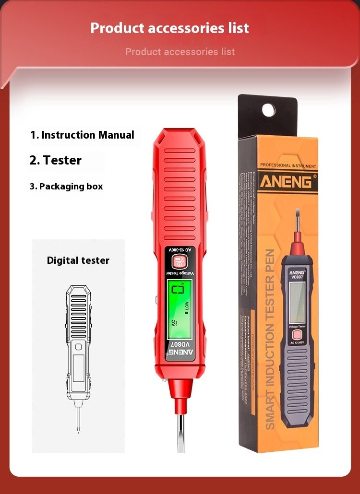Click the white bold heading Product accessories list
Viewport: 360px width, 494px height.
(169, 28)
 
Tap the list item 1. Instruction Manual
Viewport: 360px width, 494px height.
(82, 135)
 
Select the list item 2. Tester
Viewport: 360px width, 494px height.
(55, 160)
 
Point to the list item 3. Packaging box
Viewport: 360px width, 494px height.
(66, 186)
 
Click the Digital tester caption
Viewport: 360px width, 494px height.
(78, 260)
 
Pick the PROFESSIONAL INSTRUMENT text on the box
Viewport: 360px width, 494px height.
(288, 166)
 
